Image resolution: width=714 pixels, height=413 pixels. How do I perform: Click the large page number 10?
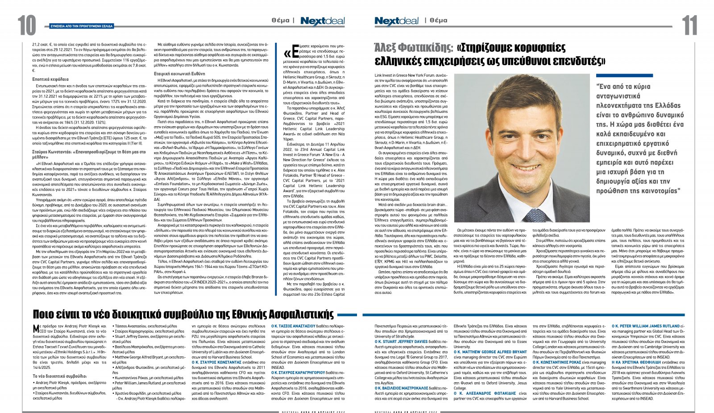tap(27, 25)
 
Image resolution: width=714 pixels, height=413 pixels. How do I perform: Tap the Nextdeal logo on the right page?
tap(396, 21)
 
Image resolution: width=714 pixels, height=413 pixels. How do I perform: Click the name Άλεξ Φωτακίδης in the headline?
tap(413, 48)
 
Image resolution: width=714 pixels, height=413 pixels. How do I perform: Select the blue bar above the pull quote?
tap(624, 76)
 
